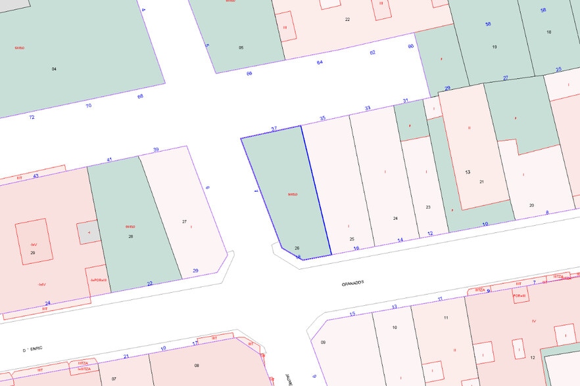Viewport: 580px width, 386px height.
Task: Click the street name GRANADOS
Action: click(x=352, y=284)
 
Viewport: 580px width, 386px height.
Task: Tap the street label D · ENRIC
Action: click(x=33, y=350)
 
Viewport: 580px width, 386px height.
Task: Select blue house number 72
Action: click(x=32, y=117)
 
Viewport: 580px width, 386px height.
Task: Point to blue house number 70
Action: click(x=89, y=105)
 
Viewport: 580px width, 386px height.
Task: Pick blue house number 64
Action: click(x=320, y=62)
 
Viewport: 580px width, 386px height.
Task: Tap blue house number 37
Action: click(x=274, y=129)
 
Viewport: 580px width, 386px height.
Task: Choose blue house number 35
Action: click(x=322, y=118)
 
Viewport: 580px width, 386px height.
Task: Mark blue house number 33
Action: click(x=368, y=108)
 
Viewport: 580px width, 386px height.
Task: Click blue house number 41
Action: click(x=110, y=160)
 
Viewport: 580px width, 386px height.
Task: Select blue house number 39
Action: click(x=156, y=150)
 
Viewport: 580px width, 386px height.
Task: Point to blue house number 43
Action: click(x=36, y=175)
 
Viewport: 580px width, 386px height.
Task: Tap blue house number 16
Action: click(x=356, y=248)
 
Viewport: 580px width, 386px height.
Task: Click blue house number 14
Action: click(x=400, y=240)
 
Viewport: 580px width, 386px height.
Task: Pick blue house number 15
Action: click(x=352, y=314)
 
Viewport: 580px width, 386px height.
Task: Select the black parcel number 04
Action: click(x=54, y=68)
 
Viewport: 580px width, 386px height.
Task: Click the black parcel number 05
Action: click(x=241, y=48)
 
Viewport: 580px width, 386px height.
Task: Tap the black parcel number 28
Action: click(x=131, y=236)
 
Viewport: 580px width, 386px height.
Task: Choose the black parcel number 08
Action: click(x=197, y=365)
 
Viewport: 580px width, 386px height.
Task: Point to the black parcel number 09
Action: click(x=323, y=343)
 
